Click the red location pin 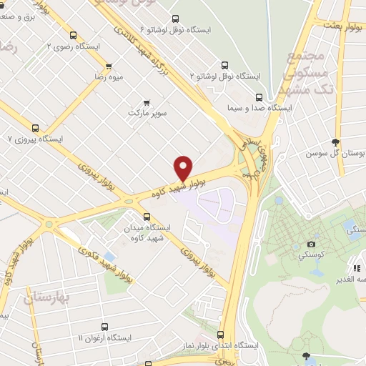pyautogui.click(x=183, y=167)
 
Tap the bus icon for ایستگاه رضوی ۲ pyautogui.click(x=73, y=34)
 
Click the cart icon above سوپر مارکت pyautogui.click(x=147, y=102)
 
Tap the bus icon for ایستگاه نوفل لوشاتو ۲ pyautogui.click(x=225, y=63)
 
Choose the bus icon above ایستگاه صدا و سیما pyautogui.click(x=258, y=97)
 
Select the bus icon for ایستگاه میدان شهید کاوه pyautogui.click(x=147, y=217)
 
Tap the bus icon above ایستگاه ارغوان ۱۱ pyautogui.click(x=104, y=327)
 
